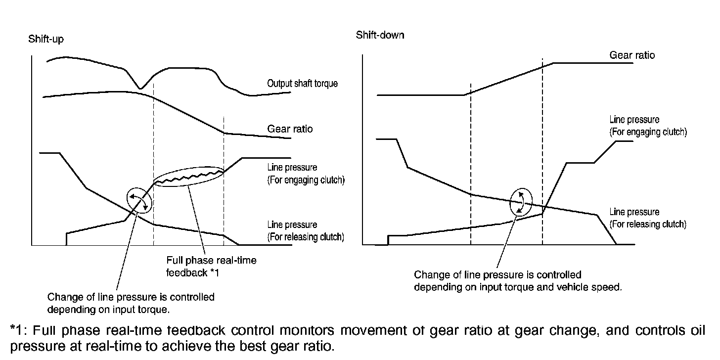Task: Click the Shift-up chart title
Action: point(46,39)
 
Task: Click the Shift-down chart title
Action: point(380,35)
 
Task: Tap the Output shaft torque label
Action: point(302,84)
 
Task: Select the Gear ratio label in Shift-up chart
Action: point(290,129)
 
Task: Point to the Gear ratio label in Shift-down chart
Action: point(631,55)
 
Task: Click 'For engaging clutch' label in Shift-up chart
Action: point(306,180)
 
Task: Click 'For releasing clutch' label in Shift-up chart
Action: point(305,237)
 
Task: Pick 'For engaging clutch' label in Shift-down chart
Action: point(648,132)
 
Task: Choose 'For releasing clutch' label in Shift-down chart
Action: point(648,224)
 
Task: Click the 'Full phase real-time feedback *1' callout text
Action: point(212,266)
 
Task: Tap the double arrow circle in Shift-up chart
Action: point(138,200)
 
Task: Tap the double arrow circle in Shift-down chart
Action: point(521,202)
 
